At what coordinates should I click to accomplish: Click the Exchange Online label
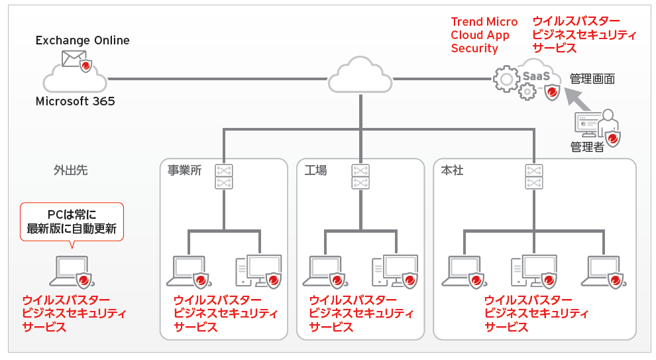tap(82, 40)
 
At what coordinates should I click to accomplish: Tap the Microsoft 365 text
tap(75, 101)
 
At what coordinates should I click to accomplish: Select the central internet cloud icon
tap(360, 76)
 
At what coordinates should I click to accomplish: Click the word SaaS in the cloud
tap(536, 76)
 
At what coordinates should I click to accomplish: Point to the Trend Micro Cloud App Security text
tap(484, 35)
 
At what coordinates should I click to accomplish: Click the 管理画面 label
tap(592, 79)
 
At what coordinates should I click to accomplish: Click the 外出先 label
tap(70, 170)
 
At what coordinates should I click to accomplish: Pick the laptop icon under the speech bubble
tap(70, 270)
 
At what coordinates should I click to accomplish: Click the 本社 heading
tap(452, 170)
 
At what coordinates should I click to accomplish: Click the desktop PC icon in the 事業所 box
tap(258, 270)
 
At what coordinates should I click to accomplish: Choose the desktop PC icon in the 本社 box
tap(532, 270)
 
